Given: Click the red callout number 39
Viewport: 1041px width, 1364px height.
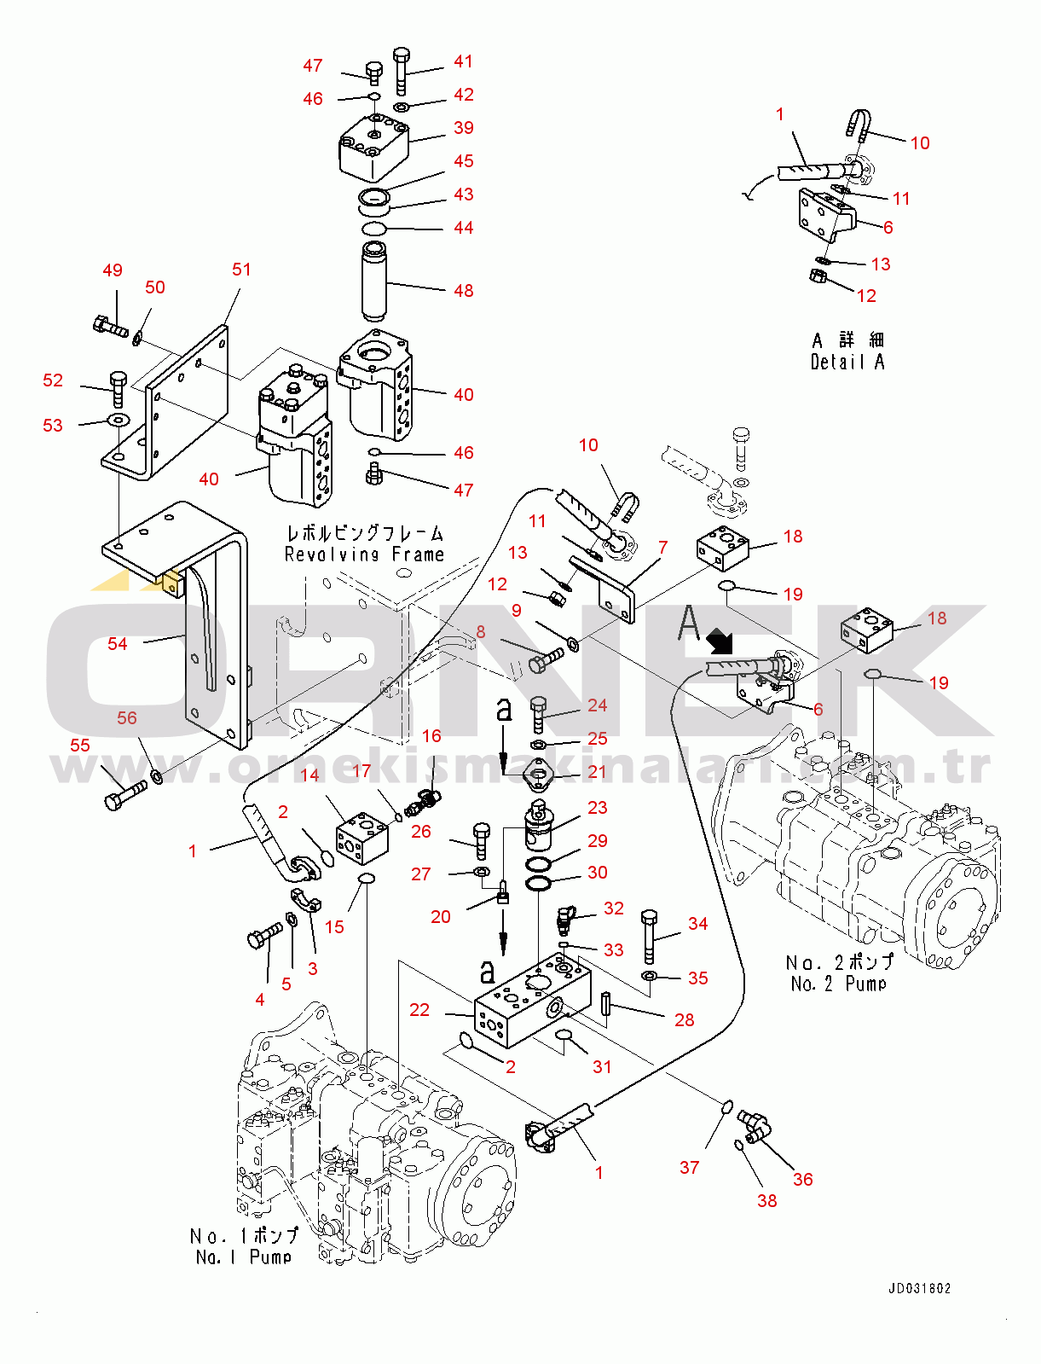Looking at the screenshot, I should (x=463, y=128).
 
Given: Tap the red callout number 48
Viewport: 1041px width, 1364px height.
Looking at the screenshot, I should (x=463, y=291).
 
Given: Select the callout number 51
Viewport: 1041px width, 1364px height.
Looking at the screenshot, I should (x=241, y=270).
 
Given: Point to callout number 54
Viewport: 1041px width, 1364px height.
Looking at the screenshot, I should (x=118, y=644).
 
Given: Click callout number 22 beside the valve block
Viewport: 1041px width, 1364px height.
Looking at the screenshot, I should (x=419, y=1010).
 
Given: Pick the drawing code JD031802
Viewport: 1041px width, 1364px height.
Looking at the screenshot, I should (x=919, y=1288).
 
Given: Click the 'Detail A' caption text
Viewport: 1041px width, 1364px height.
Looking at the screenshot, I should (x=847, y=363).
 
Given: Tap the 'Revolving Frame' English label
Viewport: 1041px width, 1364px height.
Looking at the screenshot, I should (x=364, y=554).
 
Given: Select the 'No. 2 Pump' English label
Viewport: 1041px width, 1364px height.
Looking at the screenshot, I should (x=838, y=984).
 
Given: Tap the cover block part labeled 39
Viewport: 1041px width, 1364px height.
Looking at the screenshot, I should (x=373, y=146).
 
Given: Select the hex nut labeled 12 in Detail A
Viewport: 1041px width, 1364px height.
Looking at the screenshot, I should (x=817, y=276).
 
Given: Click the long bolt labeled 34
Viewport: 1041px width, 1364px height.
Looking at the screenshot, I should (x=649, y=937).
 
